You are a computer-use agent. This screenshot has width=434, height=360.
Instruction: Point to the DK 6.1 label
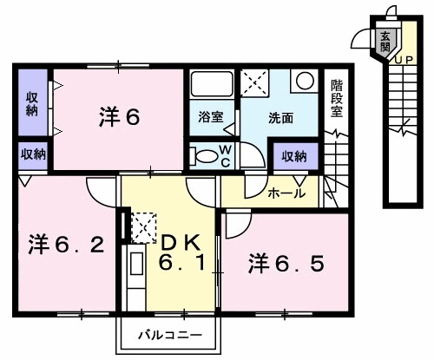tap(183, 251)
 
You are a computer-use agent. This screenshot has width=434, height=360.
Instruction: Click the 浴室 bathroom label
tap(209, 116)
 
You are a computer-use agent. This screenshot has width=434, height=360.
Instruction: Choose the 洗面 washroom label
tap(279, 116)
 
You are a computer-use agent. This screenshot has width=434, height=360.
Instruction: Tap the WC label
tap(224, 157)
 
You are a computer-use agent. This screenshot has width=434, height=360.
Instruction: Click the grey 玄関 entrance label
tap(384, 40)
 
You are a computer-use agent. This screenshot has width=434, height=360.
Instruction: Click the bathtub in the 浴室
tap(210, 87)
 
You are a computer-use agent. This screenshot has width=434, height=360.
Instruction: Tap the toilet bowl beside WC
tap(205, 157)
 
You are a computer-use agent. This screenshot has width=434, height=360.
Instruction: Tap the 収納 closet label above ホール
tap(293, 156)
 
